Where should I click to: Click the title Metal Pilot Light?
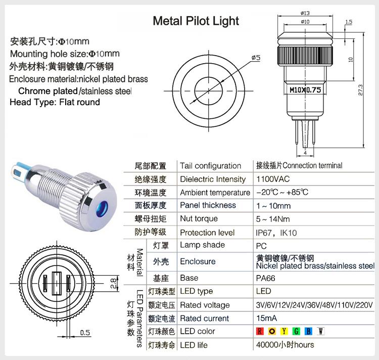[196, 21]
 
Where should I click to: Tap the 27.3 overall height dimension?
[360, 89]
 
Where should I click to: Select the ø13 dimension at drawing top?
[305, 13]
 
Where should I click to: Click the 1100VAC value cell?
[273, 179]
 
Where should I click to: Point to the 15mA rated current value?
[267, 318]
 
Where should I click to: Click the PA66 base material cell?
[266, 278]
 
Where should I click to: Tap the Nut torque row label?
[199, 218]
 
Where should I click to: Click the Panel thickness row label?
[208, 205]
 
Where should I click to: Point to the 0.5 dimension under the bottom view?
[85, 332]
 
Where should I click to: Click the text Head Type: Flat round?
[55, 102]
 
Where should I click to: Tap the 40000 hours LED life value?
[285, 345]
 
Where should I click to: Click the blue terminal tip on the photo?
[19, 169]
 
